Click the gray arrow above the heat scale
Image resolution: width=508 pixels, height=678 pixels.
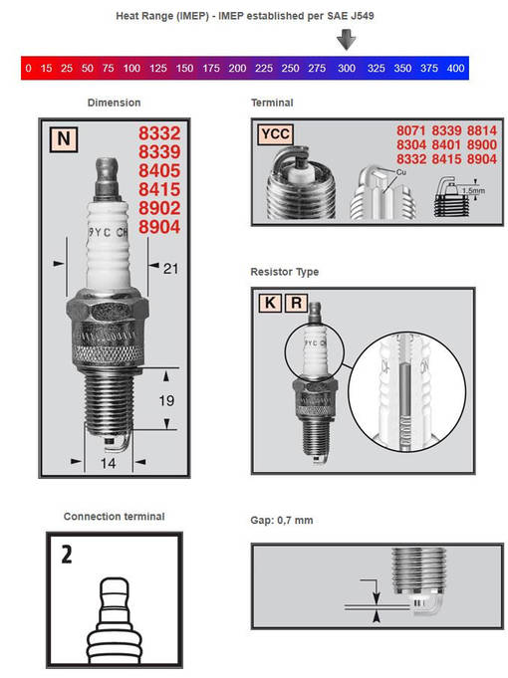pos(346,40)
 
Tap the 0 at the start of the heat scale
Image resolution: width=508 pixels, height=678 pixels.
pos(28,69)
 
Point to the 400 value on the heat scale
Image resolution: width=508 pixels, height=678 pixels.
pos(455,69)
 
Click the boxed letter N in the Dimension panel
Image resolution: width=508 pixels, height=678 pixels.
pos(63,141)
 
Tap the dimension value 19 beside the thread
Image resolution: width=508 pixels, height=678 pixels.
pos(166,401)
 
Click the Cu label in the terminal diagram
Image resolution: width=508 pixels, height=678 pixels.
pos(400,171)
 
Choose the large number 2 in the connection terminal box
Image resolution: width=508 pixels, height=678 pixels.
pos(66,554)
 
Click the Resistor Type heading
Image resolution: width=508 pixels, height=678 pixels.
pos(285,272)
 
